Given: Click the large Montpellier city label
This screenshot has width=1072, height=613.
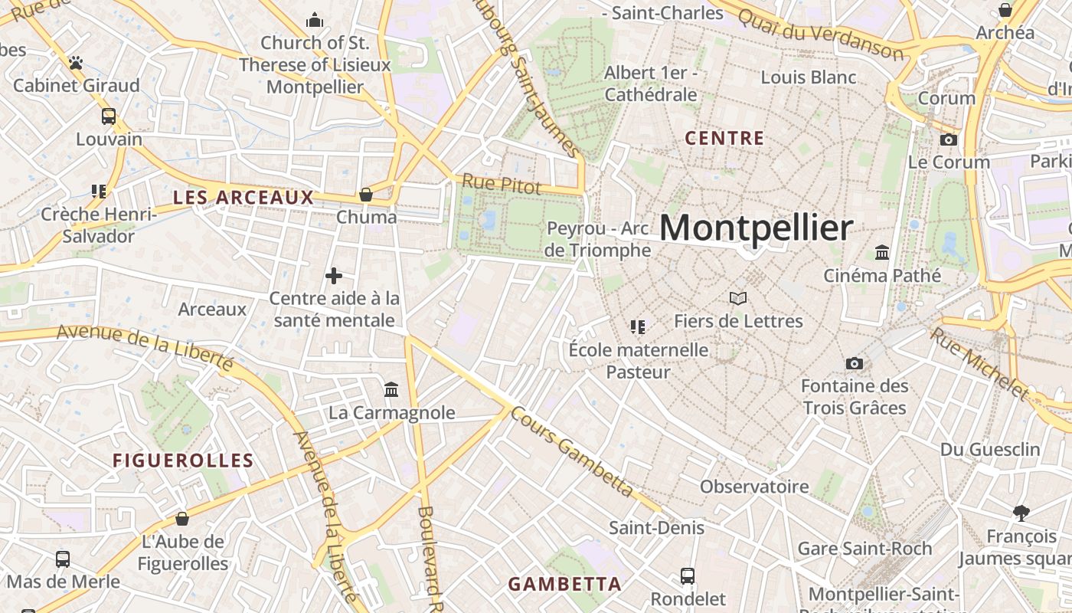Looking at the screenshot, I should point(756,228).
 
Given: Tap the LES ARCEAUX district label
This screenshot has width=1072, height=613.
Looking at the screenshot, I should point(243,198).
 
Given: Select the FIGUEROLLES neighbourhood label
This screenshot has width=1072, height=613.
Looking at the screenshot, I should point(183,461).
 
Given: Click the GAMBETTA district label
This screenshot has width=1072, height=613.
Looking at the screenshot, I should point(565,584).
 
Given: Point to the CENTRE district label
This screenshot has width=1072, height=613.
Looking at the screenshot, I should point(724,139).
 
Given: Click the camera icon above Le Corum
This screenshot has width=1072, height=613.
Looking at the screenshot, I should point(948,139).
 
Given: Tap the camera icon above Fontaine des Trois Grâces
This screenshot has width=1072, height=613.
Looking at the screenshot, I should point(855,363).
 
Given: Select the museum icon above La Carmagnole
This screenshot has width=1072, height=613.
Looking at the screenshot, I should point(392,390).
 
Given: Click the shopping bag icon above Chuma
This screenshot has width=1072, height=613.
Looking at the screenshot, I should point(366,195).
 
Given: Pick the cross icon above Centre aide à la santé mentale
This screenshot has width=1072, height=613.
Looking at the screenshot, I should point(334,276).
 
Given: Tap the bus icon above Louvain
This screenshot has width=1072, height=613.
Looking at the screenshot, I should point(109,116).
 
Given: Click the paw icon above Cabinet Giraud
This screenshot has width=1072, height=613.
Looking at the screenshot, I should point(75,63).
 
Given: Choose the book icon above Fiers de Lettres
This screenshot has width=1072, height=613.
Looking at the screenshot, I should point(737,298).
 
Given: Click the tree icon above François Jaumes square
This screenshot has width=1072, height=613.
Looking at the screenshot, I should point(1021,513).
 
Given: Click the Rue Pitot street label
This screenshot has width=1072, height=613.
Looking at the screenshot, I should point(502,185).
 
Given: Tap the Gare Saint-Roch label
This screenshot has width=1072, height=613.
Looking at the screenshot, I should point(864,549).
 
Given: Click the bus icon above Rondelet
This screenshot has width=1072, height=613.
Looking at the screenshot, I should point(688,575).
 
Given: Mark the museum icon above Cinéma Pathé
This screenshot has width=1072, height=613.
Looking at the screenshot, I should point(882,252).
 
